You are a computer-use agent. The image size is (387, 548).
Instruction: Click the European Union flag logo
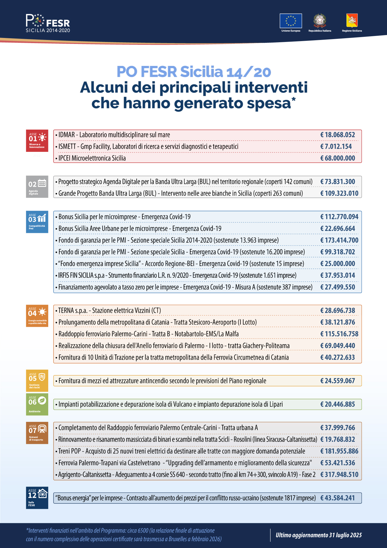pos(291,21)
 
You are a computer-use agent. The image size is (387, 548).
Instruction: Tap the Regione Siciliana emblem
pos(352,21)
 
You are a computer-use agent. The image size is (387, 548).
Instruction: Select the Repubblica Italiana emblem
pos(320,21)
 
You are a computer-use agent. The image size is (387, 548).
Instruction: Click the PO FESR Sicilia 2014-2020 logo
pos(48,23)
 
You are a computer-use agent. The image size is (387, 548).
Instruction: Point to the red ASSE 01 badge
pos(37,141)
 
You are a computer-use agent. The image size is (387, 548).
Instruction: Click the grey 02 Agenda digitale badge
pos(37,187)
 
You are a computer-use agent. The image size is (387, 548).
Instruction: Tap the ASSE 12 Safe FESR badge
pos(37,497)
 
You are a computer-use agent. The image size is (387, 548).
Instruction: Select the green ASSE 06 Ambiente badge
pos(37,404)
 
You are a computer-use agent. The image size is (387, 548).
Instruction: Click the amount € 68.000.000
pos(338,158)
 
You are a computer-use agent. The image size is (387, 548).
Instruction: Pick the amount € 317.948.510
pos(339,474)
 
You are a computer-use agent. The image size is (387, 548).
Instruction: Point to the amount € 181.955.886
pos(339,451)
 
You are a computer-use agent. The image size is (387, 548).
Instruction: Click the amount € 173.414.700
pos(339,240)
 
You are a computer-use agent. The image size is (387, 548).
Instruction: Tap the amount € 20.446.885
pos(338,404)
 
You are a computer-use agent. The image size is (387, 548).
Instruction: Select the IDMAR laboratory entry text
pos(114,135)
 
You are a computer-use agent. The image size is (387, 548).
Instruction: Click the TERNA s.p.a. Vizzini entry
pos(110,311)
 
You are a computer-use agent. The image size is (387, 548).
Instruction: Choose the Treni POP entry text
pos(182,451)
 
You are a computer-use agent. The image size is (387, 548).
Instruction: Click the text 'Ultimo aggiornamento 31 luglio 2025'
pos(319,535)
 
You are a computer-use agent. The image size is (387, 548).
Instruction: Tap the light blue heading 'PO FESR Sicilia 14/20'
pos(194,72)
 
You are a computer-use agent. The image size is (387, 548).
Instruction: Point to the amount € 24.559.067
pos(338,381)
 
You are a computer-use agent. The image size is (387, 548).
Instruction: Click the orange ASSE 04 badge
pos(37,316)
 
